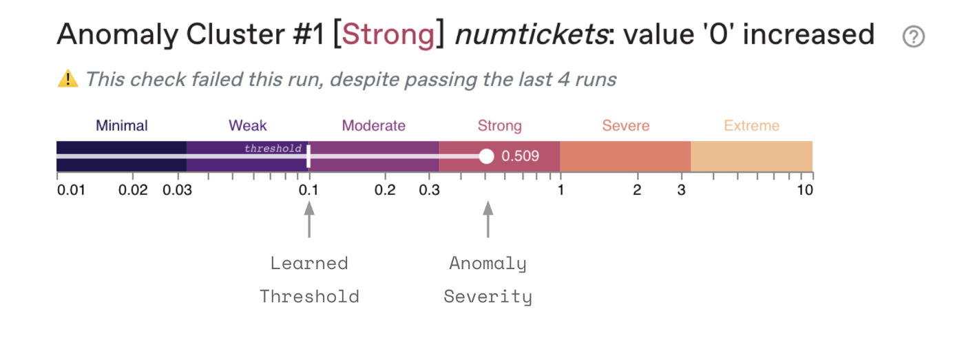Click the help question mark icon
913,36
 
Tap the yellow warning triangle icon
67,78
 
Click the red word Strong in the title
388,34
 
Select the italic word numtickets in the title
532,34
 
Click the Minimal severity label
121,125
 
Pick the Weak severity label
247,125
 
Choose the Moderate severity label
373,125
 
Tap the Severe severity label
626,125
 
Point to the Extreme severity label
751,125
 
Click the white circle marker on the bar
486,156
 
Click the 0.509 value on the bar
520,156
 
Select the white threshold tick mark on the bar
308,156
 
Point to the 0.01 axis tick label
71,190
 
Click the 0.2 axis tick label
385,190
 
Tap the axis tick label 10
805,190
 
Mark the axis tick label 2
637,190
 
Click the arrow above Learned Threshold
309,220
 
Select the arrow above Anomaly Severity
488,220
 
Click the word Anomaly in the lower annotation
488,264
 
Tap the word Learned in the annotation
309,263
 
